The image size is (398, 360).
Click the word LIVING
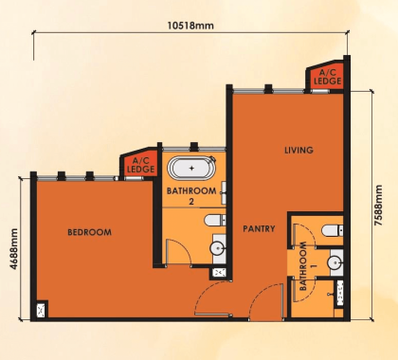(298, 151)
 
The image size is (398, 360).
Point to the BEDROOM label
(90, 232)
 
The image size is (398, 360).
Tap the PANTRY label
(259, 228)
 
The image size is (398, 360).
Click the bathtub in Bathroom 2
(192, 171)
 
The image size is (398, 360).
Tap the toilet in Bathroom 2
(214, 221)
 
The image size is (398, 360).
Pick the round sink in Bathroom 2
(218, 249)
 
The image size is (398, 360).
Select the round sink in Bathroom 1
(335, 262)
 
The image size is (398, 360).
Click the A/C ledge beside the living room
(330, 78)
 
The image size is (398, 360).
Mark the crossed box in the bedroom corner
(41, 309)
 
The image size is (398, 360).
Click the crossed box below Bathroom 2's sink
(219, 273)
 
